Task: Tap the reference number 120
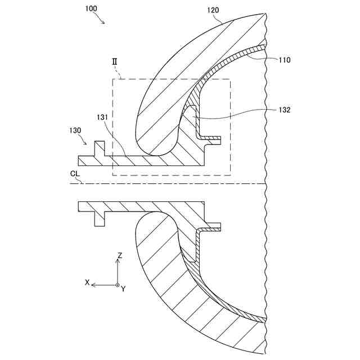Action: (213, 10)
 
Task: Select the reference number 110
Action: (284, 60)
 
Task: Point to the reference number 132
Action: (284, 110)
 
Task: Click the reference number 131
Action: (102, 117)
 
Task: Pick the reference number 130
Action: (75, 130)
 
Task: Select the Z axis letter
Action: (120, 255)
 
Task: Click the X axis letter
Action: (87, 282)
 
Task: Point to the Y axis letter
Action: (123, 289)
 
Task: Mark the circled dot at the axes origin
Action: (117, 285)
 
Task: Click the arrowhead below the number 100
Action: (103, 22)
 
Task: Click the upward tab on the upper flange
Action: (100, 148)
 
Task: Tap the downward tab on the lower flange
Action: (100, 219)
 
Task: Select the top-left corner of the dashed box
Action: (112, 79)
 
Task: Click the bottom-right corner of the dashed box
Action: (230, 175)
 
